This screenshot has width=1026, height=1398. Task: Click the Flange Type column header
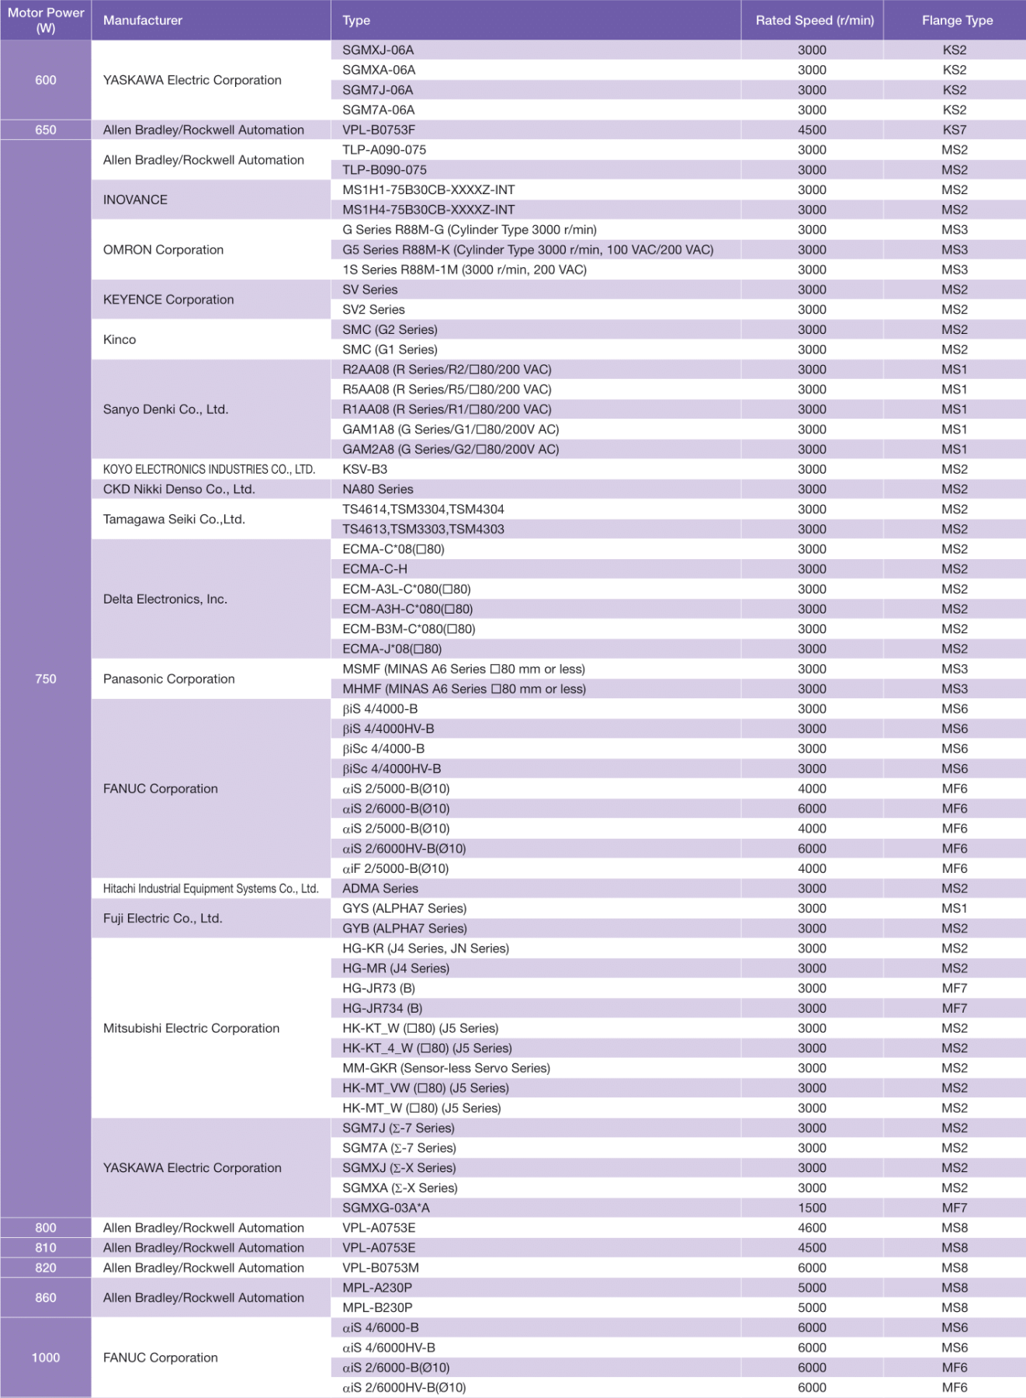[957, 20]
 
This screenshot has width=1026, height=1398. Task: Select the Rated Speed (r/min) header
[814, 20]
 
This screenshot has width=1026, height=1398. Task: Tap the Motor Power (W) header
[46, 20]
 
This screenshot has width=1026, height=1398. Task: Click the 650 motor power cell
[46, 130]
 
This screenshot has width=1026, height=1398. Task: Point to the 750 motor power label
[46, 679]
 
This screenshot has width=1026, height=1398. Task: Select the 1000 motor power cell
[46, 1358]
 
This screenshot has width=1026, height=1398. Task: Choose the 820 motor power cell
[46, 1268]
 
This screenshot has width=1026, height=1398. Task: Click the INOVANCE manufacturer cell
[135, 200]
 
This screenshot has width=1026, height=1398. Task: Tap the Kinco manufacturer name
[120, 339]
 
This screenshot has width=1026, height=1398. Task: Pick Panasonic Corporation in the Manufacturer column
[168, 679]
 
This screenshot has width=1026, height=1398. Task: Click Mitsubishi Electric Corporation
[191, 1028]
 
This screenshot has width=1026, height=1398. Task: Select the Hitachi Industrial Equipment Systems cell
[210, 889]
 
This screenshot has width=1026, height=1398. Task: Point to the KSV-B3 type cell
[365, 469]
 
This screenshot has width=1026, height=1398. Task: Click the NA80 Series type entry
[378, 489]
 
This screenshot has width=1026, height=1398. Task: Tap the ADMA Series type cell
[380, 889]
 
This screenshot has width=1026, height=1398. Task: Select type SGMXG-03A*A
[386, 1208]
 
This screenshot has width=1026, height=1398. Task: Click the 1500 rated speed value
[812, 1208]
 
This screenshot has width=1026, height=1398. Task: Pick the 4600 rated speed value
[812, 1228]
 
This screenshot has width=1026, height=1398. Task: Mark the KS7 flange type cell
[955, 130]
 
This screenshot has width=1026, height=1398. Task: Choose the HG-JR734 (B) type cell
[383, 1008]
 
